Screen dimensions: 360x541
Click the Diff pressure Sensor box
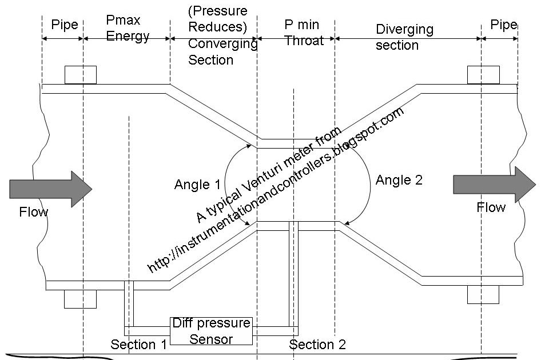(212, 331)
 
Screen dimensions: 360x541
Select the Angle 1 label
(197, 185)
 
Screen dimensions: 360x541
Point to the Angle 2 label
(399, 181)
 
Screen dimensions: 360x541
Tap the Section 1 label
(138, 345)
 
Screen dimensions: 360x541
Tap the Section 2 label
(317, 345)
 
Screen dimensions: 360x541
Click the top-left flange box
(80, 75)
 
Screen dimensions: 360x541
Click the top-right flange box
(483, 75)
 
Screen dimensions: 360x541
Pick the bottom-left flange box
(80, 298)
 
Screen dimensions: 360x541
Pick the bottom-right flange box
(483, 294)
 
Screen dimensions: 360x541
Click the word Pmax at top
(123, 21)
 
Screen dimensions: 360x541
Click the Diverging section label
(404, 37)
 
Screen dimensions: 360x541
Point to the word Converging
(222, 44)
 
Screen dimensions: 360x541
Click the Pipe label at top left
(64, 25)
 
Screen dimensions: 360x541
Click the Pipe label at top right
(503, 25)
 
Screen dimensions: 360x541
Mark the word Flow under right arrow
(491, 207)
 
